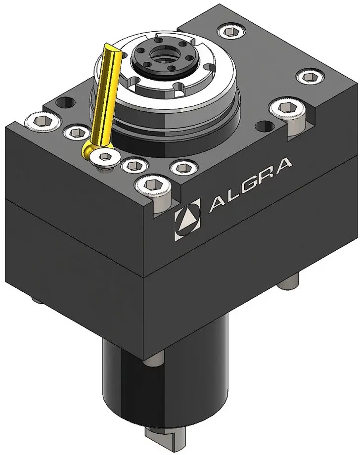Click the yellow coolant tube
pyautogui.click(x=107, y=96)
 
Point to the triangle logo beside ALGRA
pyautogui.click(x=187, y=220)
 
